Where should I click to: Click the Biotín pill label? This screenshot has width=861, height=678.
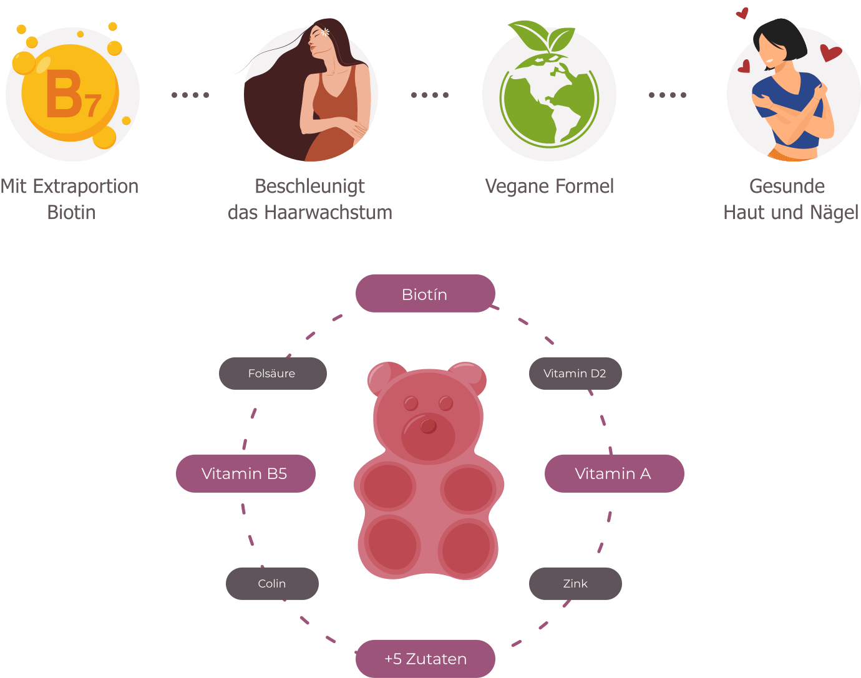(x=425, y=294)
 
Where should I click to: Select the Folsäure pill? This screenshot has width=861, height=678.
(x=273, y=374)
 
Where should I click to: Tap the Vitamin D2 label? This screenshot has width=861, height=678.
(x=575, y=374)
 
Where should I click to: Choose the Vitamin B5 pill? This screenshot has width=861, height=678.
(x=245, y=473)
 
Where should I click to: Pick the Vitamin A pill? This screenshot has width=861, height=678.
(x=614, y=473)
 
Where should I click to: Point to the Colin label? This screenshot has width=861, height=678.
(x=272, y=584)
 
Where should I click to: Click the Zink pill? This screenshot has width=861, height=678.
(x=575, y=584)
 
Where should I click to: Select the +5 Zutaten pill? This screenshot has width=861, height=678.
(x=426, y=659)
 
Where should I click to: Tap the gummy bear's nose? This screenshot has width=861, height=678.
(x=429, y=426)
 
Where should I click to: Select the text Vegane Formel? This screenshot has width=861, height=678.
(x=549, y=186)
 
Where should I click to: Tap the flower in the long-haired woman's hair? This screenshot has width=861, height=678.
(x=326, y=31)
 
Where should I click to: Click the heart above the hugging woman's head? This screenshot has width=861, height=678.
(x=742, y=13)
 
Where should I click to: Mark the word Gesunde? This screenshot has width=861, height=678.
(x=787, y=186)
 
